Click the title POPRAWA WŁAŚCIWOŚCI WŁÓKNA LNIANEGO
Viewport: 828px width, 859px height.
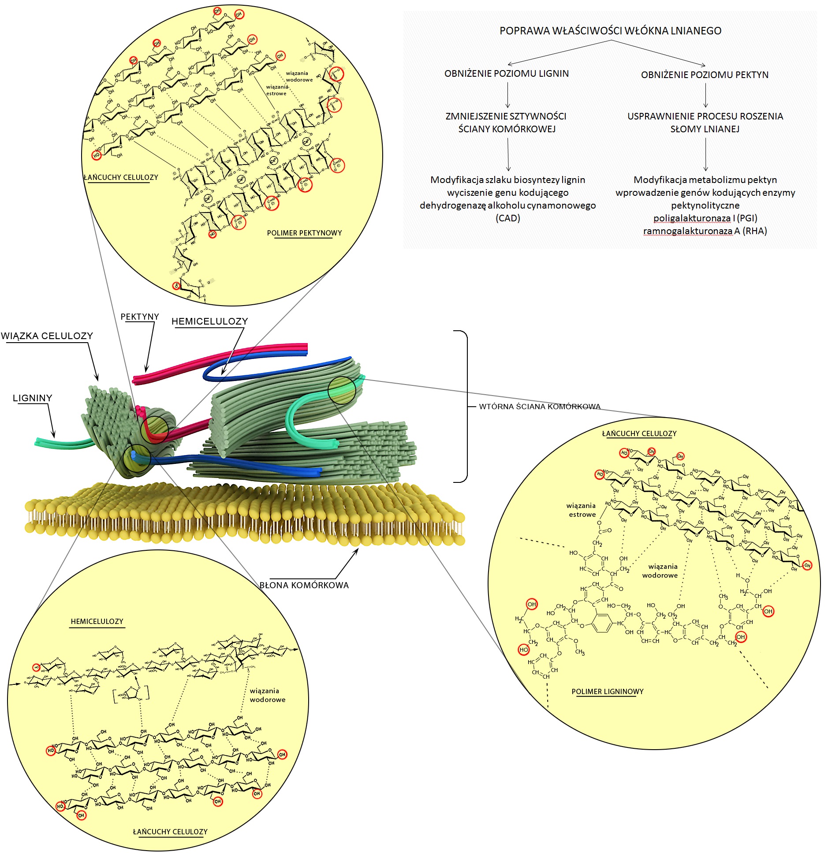(x=610, y=31)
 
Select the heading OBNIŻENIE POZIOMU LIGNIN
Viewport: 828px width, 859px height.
(x=507, y=74)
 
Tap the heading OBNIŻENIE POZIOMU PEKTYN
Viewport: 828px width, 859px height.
(x=705, y=75)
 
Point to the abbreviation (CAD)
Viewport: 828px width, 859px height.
(x=508, y=218)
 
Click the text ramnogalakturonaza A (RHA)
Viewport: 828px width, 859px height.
(x=705, y=231)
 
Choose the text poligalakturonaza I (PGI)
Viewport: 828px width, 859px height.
(x=705, y=218)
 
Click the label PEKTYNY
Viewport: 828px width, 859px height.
(x=140, y=317)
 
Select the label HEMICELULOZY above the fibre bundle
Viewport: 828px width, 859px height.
(x=209, y=321)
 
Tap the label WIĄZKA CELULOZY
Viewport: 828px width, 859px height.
(x=47, y=336)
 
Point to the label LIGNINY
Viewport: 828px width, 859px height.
(x=33, y=398)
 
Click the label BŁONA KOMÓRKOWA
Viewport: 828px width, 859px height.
(x=304, y=585)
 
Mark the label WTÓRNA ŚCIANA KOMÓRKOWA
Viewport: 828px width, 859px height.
(x=540, y=407)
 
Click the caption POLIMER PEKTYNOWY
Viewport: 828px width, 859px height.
(x=304, y=233)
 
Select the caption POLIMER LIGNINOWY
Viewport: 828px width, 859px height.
(x=608, y=691)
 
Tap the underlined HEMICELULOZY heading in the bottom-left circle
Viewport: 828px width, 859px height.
(x=97, y=621)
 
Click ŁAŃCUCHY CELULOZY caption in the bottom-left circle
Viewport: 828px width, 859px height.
(x=170, y=832)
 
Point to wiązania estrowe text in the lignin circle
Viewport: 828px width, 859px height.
(x=582, y=510)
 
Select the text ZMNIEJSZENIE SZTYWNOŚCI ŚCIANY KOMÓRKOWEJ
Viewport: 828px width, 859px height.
(x=506, y=123)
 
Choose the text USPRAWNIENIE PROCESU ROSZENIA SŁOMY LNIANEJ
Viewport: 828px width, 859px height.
(x=705, y=123)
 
